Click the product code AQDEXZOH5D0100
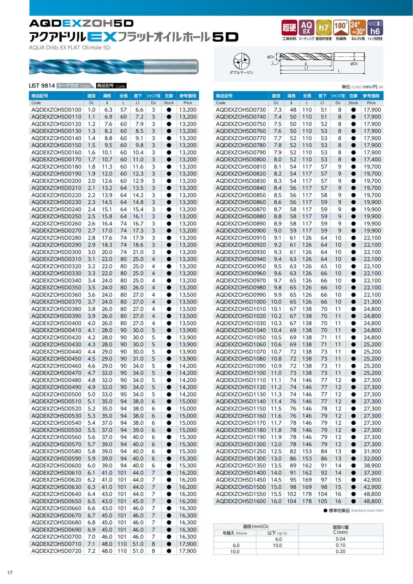click(x=56, y=110)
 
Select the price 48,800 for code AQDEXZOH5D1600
click(x=372, y=501)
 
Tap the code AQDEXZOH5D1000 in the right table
click(x=241, y=302)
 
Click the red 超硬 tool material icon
click(x=289, y=28)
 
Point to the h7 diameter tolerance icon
click(x=324, y=28)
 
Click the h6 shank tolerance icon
click(x=375, y=28)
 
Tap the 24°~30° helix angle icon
click(x=358, y=28)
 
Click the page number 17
click(x=10, y=572)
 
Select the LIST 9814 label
click(x=42, y=86)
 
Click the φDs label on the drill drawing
click(x=354, y=64)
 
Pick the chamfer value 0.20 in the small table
click(x=340, y=552)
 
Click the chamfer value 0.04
click(x=340, y=539)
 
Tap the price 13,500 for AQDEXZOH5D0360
click(x=188, y=295)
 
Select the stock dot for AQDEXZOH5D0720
click(x=169, y=551)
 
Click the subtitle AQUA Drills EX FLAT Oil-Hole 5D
click(x=70, y=48)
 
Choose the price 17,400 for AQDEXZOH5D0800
click(x=372, y=160)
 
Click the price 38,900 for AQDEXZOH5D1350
click(x=372, y=466)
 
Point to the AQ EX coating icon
click(x=306, y=28)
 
